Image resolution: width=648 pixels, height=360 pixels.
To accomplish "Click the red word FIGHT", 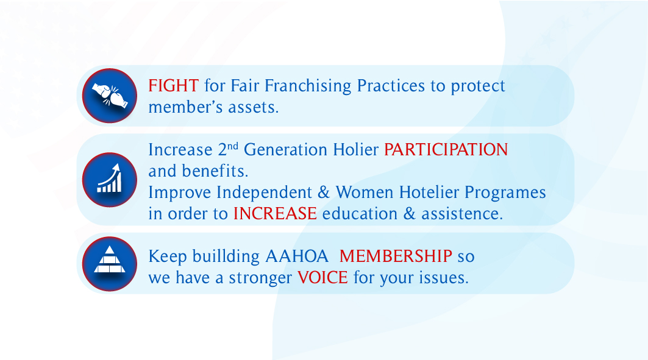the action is point(174,86).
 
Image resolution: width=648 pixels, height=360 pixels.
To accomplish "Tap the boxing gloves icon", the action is point(110,96).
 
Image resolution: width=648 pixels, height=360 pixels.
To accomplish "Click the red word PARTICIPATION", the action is point(446,150).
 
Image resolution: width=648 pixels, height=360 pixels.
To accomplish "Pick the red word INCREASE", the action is point(275,214).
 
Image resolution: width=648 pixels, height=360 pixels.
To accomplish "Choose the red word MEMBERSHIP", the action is point(396,256).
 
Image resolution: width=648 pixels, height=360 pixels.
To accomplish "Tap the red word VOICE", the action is point(322,277).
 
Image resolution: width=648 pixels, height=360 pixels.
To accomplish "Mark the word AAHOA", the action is point(297,256).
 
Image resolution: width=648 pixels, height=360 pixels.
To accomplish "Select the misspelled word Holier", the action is point(356,149).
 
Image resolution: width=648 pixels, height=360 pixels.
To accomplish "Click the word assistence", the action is point(462,214).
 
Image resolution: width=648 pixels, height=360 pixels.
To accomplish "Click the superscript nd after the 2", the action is point(233,146).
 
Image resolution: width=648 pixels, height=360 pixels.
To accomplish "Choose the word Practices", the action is point(391,86).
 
